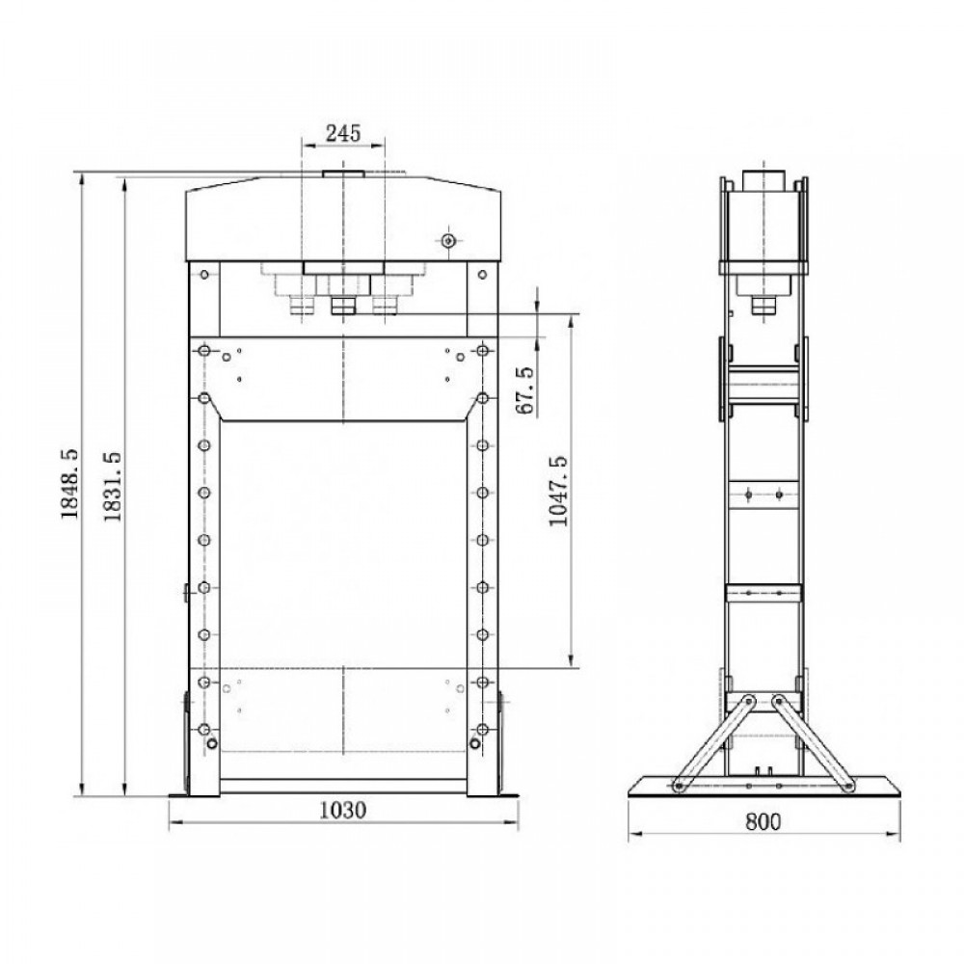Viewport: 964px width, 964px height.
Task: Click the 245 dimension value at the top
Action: click(x=343, y=133)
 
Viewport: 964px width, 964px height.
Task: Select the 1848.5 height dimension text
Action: click(x=70, y=484)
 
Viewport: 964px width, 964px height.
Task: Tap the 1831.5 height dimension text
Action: click(x=113, y=487)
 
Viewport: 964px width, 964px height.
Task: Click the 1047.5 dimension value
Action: click(x=558, y=492)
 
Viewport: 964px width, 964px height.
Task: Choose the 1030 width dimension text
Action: click(x=343, y=811)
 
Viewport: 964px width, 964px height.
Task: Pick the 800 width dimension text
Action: click(x=763, y=821)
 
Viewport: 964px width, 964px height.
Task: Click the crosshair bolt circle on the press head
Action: click(x=449, y=240)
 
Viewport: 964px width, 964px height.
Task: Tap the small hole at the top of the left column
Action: click(x=204, y=274)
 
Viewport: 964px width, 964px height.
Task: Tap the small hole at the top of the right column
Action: click(x=482, y=274)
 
